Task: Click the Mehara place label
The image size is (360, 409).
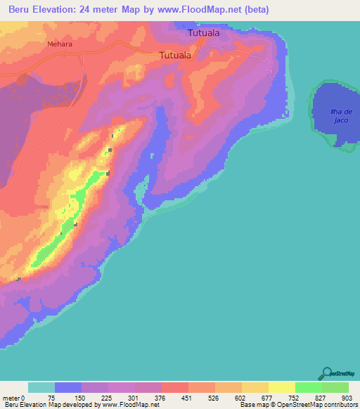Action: pos(60,44)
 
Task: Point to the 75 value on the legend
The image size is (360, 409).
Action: pos(54,397)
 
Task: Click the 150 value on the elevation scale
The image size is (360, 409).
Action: pos(81,397)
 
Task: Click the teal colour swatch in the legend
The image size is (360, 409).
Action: pos(41,387)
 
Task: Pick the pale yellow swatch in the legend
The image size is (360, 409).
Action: pos(281,387)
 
